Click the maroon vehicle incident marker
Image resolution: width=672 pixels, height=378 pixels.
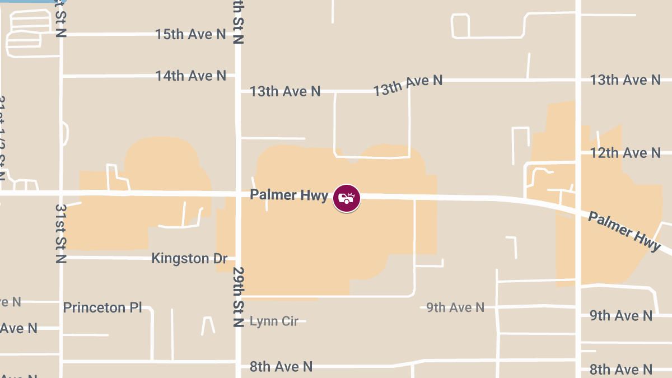347,198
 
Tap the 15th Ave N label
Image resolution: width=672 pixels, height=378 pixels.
190,35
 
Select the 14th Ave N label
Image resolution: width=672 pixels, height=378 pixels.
190,76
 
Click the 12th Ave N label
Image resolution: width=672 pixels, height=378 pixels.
626,153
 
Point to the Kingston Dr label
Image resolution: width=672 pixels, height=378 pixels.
189,259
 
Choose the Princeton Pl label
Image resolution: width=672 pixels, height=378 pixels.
102,308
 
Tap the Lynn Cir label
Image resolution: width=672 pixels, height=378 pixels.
274,321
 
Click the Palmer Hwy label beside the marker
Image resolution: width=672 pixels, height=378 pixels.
288,195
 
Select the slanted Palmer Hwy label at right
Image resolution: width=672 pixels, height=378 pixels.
624,231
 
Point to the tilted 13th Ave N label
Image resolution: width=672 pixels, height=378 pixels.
408,85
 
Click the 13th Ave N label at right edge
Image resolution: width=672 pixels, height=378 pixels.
625,80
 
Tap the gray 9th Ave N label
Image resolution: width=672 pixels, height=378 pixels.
455,307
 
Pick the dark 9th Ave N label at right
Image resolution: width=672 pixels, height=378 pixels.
621,316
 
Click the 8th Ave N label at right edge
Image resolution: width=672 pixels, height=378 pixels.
621,370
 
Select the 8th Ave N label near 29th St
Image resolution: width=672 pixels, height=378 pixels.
281,367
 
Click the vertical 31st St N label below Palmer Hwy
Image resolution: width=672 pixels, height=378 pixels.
60,233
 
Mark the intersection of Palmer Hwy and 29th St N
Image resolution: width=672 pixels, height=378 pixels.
238,194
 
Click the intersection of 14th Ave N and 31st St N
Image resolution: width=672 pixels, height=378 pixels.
62,76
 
